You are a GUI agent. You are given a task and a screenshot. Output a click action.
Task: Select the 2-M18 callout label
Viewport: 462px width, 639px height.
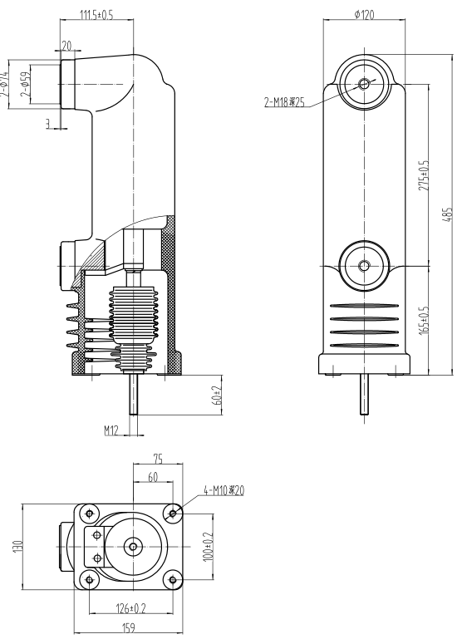pos(283,102)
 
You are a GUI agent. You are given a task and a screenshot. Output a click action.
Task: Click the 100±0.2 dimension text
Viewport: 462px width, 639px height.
pos(208,546)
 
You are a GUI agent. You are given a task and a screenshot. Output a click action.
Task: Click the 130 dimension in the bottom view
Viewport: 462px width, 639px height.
pos(27,545)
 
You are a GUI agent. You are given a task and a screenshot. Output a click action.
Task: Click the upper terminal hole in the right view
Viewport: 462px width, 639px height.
pos(364,84)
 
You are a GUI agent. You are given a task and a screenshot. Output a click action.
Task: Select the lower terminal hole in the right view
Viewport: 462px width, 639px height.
pos(364,266)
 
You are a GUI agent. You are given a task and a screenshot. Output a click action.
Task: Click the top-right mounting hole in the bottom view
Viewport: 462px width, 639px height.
pos(173,514)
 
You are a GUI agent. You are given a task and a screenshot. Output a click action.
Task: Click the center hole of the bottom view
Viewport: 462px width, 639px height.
pos(133,546)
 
